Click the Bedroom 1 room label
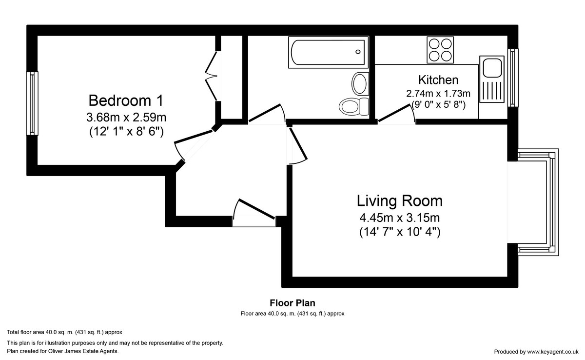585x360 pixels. pos(126,100)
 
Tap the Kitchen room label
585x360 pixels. pos(438,80)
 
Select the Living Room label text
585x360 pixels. pos(400,201)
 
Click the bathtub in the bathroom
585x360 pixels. pos(328,52)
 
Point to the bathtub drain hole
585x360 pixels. pos(358,52)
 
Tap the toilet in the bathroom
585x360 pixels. pos(354,106)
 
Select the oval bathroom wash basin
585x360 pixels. pos(360,83)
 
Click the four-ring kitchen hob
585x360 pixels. pos(440,50)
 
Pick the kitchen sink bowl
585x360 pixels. pos(492,68)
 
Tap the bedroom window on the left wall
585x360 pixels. pos(32,103)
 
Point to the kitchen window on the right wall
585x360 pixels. pos(513,78)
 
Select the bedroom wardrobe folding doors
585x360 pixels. pos(211,76)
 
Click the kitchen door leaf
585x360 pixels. pos(394,113)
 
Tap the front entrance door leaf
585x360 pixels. pos(257,209)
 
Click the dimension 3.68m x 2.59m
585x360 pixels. pos(126,118)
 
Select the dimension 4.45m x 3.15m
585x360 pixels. pos(400,218)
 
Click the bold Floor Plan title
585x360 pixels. pos(292,303)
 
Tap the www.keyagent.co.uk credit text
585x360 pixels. pos(553,352)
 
